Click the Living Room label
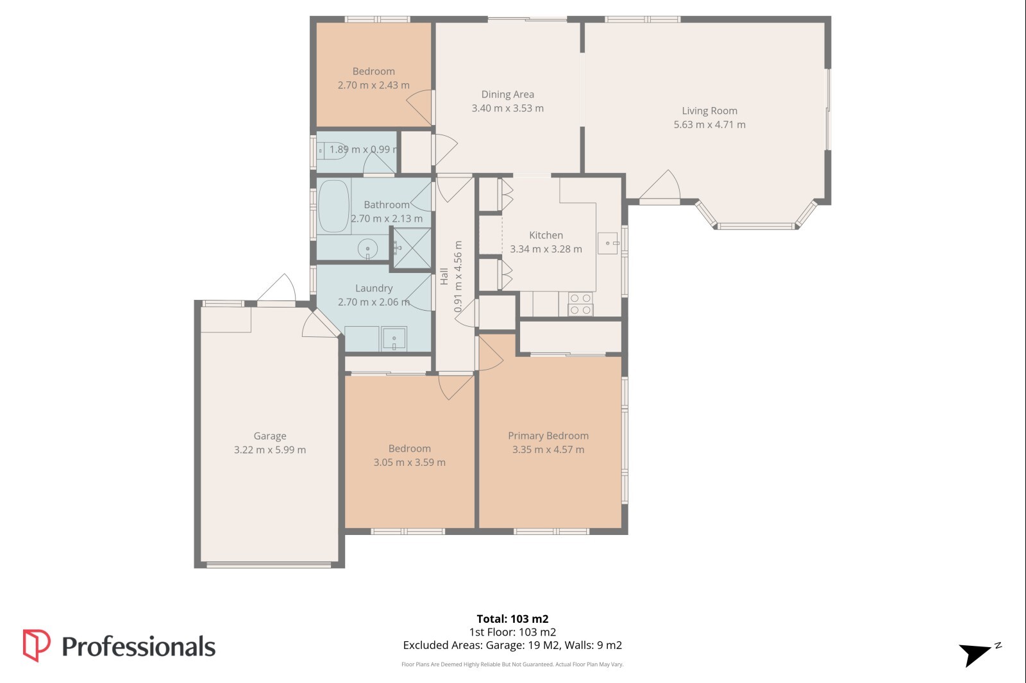point(709,111)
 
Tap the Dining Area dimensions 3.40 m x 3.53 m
point(507,108)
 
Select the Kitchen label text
point(546,235)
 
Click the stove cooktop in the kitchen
point(580,304)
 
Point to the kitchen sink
point(609,243)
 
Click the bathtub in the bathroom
point(333,206)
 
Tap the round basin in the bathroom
point(367,249)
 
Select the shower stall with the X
point(412,248)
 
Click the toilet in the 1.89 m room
point(332,151)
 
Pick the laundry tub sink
point(394,339)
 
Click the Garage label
point(270,436)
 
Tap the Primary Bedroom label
point(548,436)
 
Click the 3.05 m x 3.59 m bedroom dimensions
point(410,463)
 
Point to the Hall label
point(444,277)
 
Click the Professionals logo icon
point(36,645)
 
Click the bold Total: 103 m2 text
point(512,619)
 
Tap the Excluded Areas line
point(512,645)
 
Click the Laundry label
point(374,288)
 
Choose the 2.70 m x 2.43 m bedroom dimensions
point(374,85)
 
